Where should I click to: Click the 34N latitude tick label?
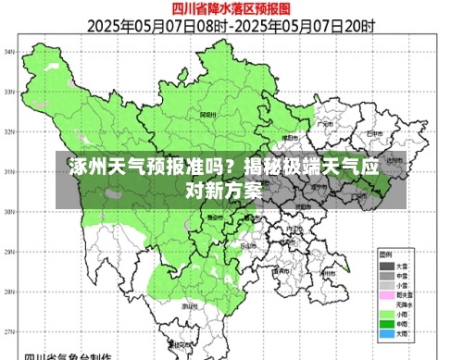tap(9, 51)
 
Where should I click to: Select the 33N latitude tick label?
tap(9, 91)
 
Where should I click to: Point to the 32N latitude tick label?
tap(9, 130)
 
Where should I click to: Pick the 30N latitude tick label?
tap(9, 211)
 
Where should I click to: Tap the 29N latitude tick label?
tap(9, 251)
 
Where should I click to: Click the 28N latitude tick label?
tap(9, 291)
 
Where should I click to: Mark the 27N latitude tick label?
tap(9, 330)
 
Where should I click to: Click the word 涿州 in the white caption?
tap(86, 169)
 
